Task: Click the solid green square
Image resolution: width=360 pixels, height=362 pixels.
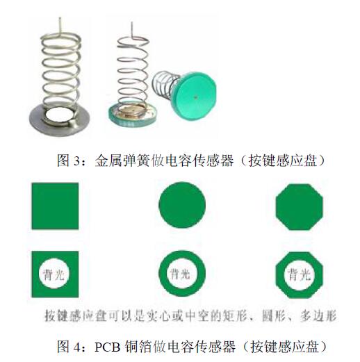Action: (x=55, y=206)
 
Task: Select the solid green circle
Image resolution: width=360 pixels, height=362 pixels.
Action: (x=182, y=205)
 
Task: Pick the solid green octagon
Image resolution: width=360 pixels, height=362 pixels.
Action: (x=299, y=207)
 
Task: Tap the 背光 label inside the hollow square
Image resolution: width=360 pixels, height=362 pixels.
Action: (x=54, y=275)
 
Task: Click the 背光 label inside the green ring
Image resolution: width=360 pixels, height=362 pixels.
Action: (x=180, y=274)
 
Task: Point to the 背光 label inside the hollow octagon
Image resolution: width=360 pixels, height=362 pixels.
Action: (x=299, y=275)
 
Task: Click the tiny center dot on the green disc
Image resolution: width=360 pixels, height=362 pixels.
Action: (x=196, y=97)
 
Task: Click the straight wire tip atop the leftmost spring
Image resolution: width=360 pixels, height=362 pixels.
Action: (x=60, y=18)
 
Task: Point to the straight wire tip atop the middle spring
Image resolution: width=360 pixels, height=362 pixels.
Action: (x=132, y=23)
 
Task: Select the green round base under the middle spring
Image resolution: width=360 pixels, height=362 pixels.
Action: (x=132, y=115)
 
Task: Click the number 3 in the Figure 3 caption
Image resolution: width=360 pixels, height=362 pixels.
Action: (x=76, y=161)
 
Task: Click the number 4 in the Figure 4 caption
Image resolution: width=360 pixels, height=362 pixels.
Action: (x=77, y=347)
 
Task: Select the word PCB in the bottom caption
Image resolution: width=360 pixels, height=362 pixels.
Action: (x=108, y=347)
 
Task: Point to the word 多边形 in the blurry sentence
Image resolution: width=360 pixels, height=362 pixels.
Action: (x=318, y=315)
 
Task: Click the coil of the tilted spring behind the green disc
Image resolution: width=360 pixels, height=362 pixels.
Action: (x=165, y=84)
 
